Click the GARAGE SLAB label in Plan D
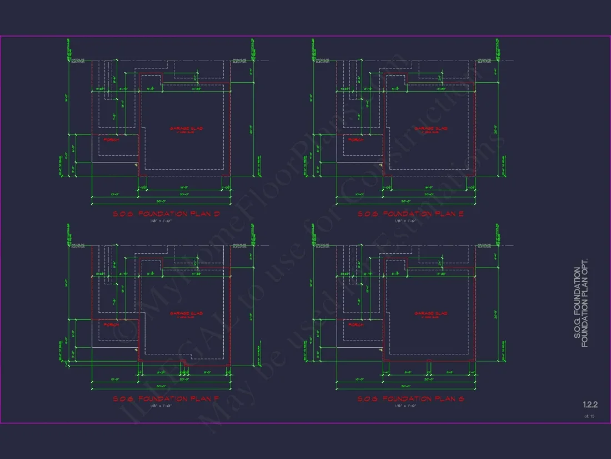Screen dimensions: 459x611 (186, 129)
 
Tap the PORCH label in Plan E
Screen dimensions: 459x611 (355, 140)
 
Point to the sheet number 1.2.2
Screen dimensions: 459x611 (589, 404)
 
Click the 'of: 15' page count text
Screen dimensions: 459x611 (589, 416)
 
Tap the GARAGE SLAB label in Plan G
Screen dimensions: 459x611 (430, 314)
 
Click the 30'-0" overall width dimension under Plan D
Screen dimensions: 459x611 (162, 201)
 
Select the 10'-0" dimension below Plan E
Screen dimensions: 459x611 (359, 194)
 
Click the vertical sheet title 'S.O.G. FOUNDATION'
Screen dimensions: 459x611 (577, 307)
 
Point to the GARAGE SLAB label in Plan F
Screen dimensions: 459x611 (186, 314)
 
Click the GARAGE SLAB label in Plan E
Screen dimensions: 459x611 (430, 129)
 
